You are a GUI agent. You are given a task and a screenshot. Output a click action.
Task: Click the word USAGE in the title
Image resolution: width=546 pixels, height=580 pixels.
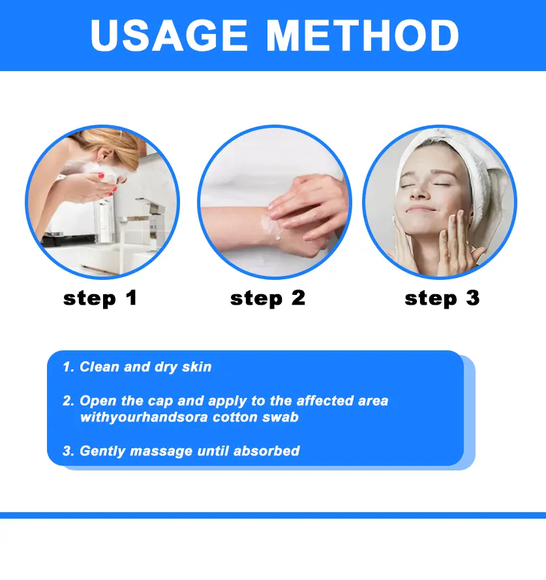tap(169, 35)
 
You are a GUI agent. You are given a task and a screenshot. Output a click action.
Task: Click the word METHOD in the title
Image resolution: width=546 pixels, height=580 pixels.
tap(363, 35)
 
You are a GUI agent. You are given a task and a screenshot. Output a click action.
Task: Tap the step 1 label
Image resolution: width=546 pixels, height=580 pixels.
tap(100, 298)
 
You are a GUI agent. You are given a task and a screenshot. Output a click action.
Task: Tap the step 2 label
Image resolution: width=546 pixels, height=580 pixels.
tap(268, 298)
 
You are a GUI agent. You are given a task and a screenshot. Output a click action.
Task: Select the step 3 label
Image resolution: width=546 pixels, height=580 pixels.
tap(442, 298)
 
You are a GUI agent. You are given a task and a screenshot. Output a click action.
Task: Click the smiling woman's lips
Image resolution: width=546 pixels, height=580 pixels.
tap(421, 209)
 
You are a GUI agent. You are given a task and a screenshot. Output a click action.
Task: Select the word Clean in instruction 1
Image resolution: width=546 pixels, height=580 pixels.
tap(100, 367)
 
